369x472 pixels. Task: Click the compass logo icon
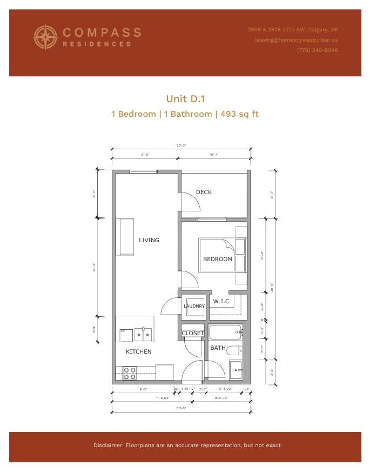[45, 37]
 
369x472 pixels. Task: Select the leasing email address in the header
[297, 39]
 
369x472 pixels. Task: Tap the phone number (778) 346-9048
[317, 50]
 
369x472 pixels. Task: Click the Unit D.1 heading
[185, 98]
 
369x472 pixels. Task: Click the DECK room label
[204, 192]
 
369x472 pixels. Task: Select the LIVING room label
[149, 240]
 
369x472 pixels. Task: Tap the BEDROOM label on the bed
[218, 259]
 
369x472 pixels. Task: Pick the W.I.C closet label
[221, 301]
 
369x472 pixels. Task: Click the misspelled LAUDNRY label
[194, 306]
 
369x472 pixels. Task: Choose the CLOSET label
[193, 333]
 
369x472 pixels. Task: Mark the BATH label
[218, 348]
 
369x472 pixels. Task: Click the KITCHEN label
[139, 351]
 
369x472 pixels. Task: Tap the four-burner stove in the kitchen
[130, 374]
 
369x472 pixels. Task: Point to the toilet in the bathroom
[236, 350]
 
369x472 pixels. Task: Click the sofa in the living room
[126, 237]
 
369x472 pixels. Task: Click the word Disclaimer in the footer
[109, 446]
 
